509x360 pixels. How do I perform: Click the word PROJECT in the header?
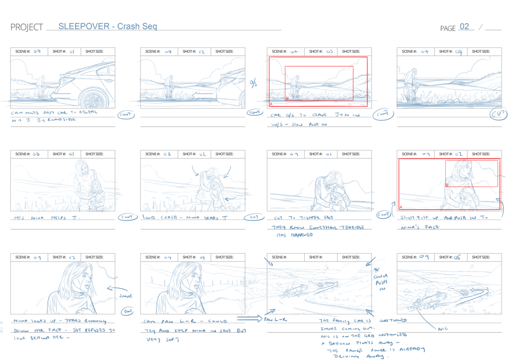(26, 27)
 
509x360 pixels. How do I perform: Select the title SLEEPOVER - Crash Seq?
(107, 26)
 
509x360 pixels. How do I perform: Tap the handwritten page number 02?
(464, 27)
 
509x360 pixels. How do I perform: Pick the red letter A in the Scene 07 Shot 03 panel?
(271, 104)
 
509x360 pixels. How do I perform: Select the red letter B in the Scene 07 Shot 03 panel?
(287, 99)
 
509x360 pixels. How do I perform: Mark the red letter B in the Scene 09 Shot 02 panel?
(447, 185)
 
